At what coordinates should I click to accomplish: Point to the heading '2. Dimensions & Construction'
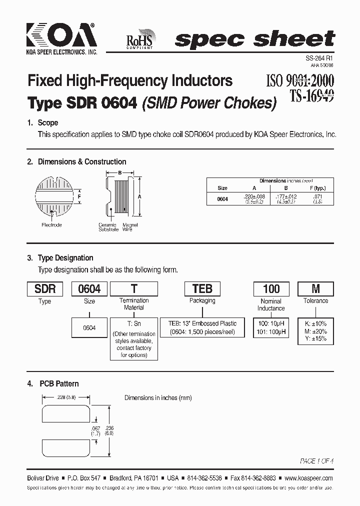click(x=76, y=161)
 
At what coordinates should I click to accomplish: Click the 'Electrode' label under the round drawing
click(x=51, y=225)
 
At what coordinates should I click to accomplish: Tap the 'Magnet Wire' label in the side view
click(x=130, y=227)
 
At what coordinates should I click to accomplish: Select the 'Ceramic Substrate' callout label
click(x=108, y=227)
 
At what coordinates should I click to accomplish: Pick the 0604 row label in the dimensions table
click(x=222, y=198)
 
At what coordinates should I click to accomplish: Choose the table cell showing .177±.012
click(x=286, y=196)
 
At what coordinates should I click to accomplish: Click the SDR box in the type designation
click(x=45, y=288)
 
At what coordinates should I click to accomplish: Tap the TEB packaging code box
click(x=202, y=288)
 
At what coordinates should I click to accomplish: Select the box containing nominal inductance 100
click(x=271, y=288)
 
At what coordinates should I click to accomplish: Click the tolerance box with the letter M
click(x=315, y=288)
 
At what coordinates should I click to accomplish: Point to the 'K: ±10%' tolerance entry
click(x=315, y=323)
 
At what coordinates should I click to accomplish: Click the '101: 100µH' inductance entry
click(x=271, y=331)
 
